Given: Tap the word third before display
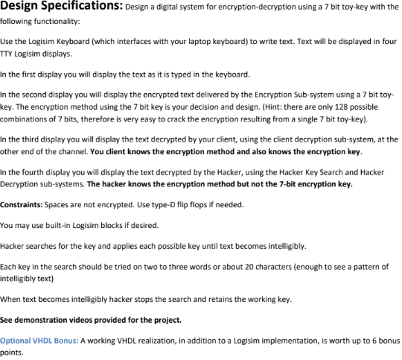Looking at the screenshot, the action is [x=31, y=139].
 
